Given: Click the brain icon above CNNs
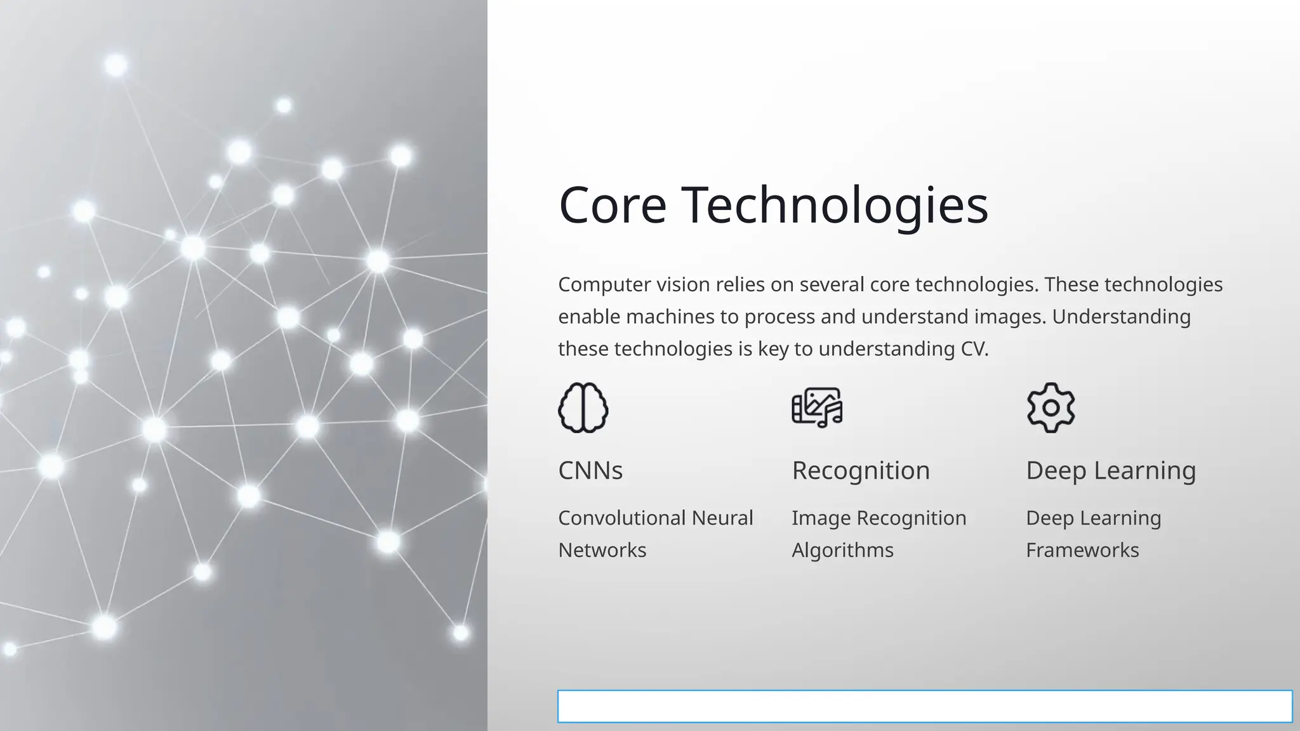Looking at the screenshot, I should [583, 408].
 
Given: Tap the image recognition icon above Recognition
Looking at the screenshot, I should [817, 407].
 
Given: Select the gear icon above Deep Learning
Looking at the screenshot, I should [1051, 408].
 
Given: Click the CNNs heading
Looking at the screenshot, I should [590, 470].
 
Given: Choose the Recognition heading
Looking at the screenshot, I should [861, 470].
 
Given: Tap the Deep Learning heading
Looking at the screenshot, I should [1111, 470].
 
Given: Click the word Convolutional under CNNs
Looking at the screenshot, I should [621, 518].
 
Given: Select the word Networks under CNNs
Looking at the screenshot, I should [602, 550].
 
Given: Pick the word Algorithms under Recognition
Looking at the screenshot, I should [842, 550].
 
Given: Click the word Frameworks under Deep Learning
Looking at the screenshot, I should [1082, 550].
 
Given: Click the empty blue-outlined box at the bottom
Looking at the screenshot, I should [925, 706].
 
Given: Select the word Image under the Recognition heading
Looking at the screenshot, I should [821, 518].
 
